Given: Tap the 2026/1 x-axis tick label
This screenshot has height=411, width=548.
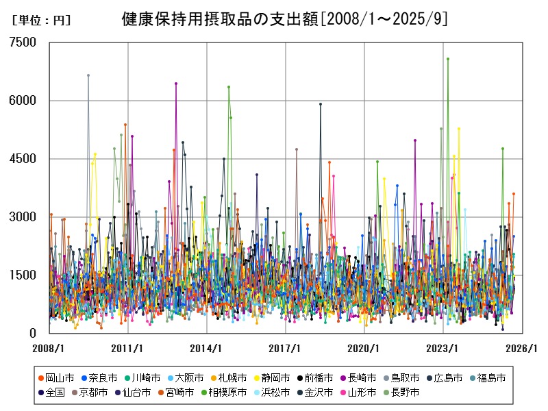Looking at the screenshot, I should pos(523,348).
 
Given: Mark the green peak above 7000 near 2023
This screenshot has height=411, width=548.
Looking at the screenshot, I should pos(447,59).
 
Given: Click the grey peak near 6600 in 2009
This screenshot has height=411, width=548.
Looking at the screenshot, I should pos(88,75).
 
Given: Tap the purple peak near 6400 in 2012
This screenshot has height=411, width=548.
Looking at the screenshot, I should pos(176,84).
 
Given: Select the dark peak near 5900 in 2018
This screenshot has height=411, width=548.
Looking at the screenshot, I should pos(320,104).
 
